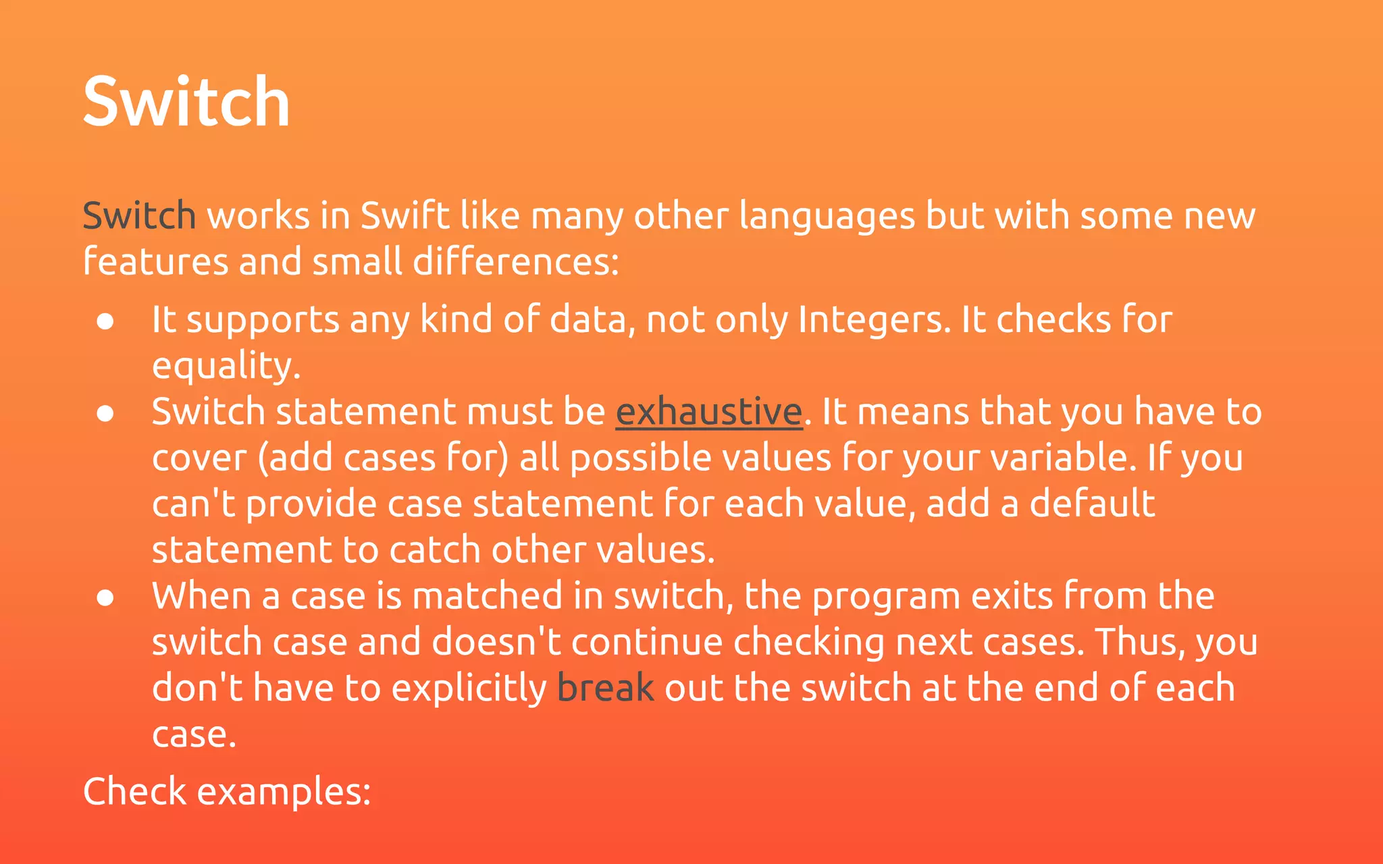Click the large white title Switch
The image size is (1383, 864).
click(186, 102)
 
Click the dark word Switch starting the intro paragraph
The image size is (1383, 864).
click(139, 216)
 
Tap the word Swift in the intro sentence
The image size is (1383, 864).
click(405, 216)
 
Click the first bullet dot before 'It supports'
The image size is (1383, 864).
click(105, 321)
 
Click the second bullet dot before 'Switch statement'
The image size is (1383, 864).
click(105, 413)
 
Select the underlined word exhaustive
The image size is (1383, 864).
click(708, 412)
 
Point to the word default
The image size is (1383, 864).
click(1092, 504)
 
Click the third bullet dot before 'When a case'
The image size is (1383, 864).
click(105, 597)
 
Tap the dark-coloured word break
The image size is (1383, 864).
click(605, 688)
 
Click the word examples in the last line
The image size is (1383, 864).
click(283, 792)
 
